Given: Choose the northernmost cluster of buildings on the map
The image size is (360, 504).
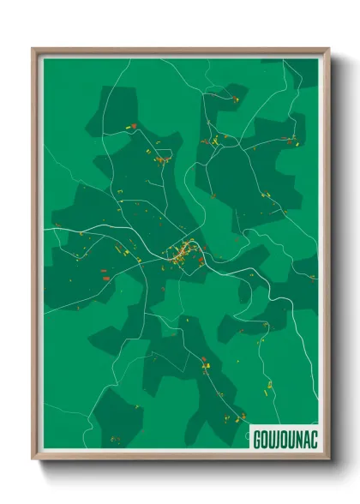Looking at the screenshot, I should point(233,99).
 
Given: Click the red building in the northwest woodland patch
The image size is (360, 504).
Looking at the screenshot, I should point(135,126).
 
